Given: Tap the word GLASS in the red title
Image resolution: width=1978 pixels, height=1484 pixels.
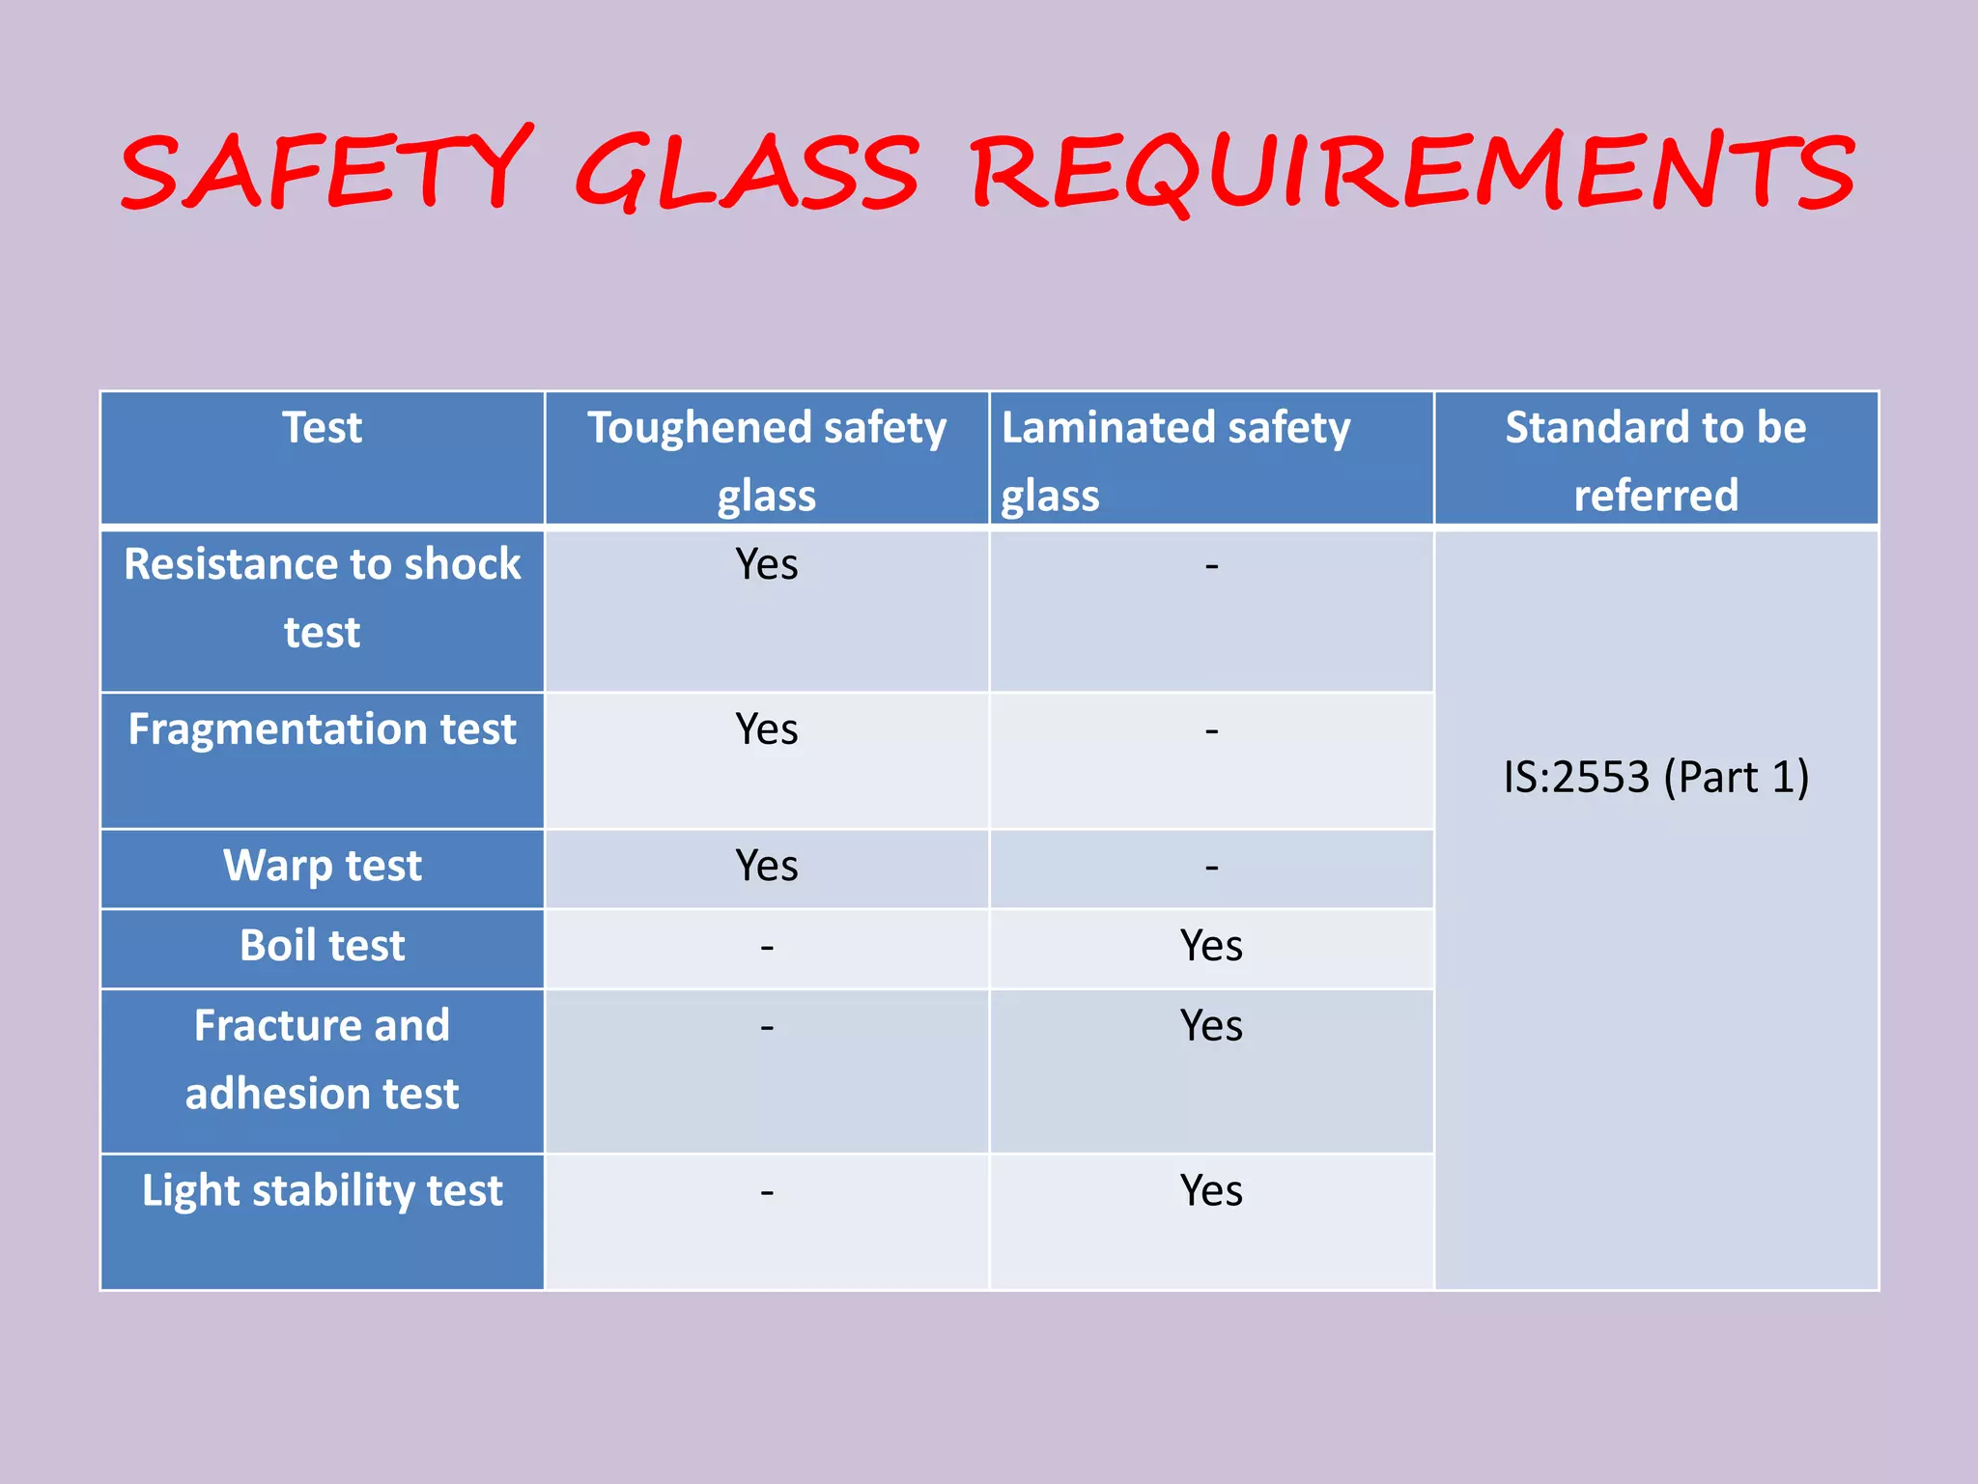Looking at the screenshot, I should click(747, 172).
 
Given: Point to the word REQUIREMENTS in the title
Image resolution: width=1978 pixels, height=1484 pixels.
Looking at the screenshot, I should click(1412, 172).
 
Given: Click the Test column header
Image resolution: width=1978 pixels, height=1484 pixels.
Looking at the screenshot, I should click(322, 428).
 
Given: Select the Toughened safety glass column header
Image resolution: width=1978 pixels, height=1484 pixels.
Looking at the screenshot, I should click(767, 460).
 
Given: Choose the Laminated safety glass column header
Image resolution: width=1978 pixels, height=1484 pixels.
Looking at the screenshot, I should click(1175, 460).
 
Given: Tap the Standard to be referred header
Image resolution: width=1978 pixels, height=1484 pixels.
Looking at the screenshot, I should click(1655, 460).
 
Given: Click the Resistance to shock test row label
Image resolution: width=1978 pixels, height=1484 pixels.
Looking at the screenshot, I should click(322, 597).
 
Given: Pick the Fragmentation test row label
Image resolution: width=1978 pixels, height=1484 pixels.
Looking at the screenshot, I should click(322, 729).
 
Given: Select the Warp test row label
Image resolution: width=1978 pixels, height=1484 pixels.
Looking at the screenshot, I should click(322, 866).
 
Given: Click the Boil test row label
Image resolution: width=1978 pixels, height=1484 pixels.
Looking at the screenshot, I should click(322, 946).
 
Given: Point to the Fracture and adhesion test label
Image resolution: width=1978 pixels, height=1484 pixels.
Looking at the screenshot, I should click(322, 1059).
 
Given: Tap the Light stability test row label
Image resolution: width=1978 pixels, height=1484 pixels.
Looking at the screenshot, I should click(322, 1191).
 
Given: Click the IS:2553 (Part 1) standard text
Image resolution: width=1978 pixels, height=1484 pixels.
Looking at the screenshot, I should click(1655, 778).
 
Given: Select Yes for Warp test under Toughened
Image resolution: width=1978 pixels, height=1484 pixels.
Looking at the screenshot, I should click(767, 866).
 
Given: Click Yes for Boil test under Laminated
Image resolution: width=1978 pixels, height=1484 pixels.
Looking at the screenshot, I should click(1211, 946).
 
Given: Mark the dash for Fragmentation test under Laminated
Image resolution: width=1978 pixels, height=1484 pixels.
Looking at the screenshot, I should click(1211, 731).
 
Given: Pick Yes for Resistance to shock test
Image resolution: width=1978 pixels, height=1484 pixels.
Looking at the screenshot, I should click(767, 564).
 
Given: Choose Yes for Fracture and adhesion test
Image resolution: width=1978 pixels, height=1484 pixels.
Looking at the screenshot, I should click(1211, 1026).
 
